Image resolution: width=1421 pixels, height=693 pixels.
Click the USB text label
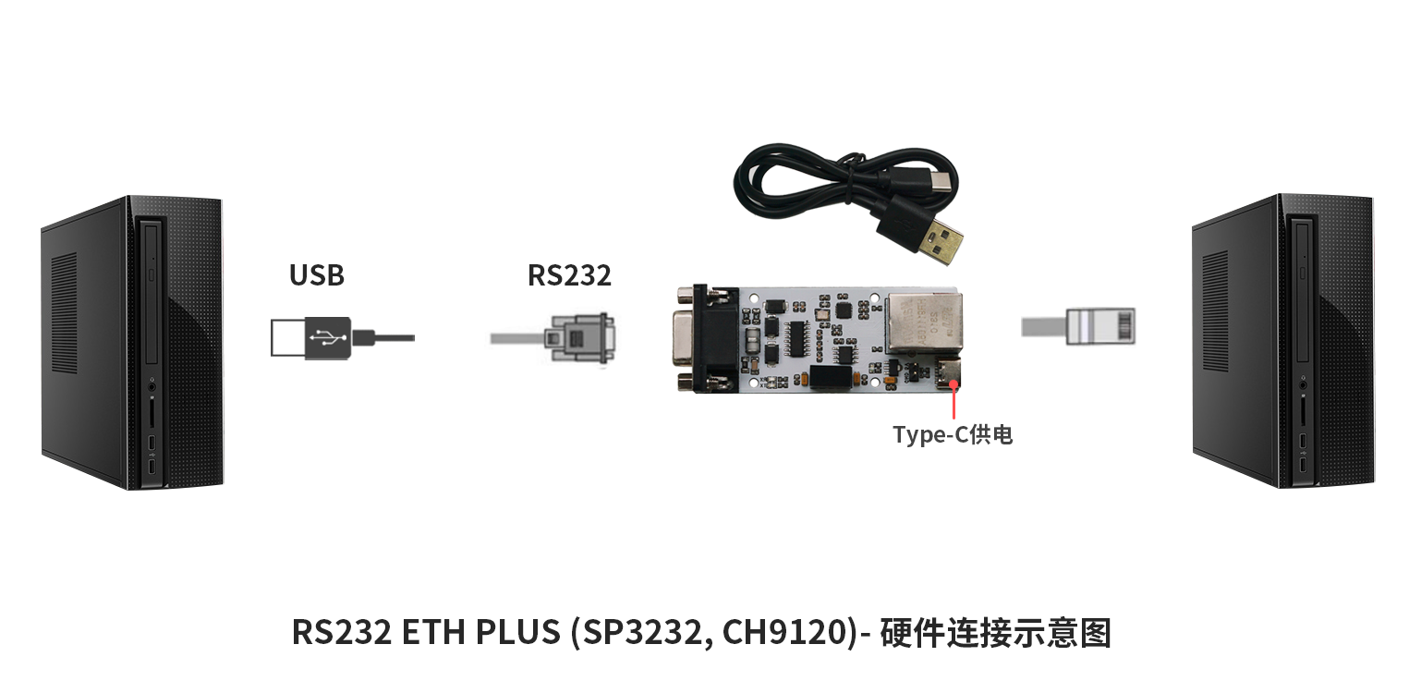317,274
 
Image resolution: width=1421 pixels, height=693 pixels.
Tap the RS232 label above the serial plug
569,274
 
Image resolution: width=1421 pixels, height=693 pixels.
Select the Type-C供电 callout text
953,434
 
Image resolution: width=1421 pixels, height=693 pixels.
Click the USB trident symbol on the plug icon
327,337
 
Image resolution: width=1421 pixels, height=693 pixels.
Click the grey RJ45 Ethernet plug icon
1100,326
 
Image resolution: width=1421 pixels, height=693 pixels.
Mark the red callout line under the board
953,402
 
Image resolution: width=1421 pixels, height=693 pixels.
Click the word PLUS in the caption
517,632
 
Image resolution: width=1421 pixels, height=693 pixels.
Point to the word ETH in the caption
433,632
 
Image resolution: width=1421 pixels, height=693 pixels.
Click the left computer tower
132,343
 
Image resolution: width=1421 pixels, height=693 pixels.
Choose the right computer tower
1282,342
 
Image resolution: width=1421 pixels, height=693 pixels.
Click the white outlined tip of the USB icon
288,337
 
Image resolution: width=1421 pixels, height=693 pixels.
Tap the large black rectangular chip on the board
831,377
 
